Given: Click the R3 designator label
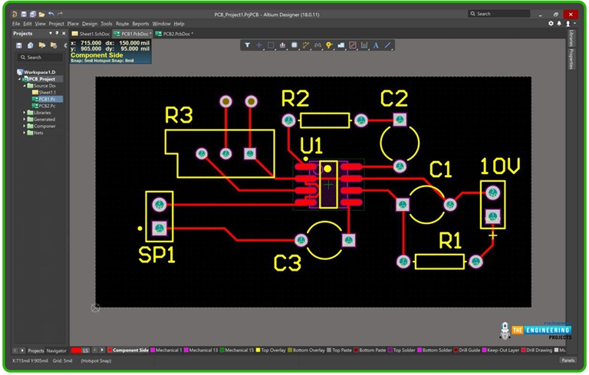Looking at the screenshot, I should click(179, 115).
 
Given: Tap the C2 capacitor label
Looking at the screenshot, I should click(394, 98).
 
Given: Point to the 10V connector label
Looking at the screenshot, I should click(500, 166).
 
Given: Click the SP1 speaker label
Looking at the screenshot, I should click(156, 255).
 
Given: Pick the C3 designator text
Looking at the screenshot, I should click(288, 263).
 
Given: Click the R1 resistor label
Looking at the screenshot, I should click(451, 241).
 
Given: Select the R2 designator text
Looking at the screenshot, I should click(295, 98).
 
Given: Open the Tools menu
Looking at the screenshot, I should click(107, 24).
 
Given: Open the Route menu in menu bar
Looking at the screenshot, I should click(123, 24).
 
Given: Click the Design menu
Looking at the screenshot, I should click(90, 24).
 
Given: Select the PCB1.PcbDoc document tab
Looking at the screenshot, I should click(132, 34).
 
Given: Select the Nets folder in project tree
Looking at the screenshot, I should click(39, 133).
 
